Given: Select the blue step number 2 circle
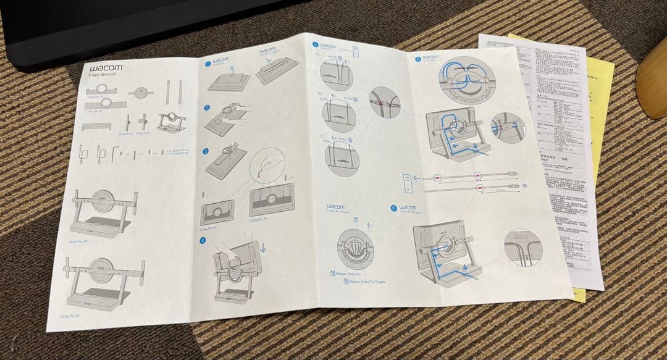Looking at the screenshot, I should tap(207, 107).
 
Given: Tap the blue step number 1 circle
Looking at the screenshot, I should tap(208, 62).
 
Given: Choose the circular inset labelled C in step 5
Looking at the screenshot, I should tap(342, 157).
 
